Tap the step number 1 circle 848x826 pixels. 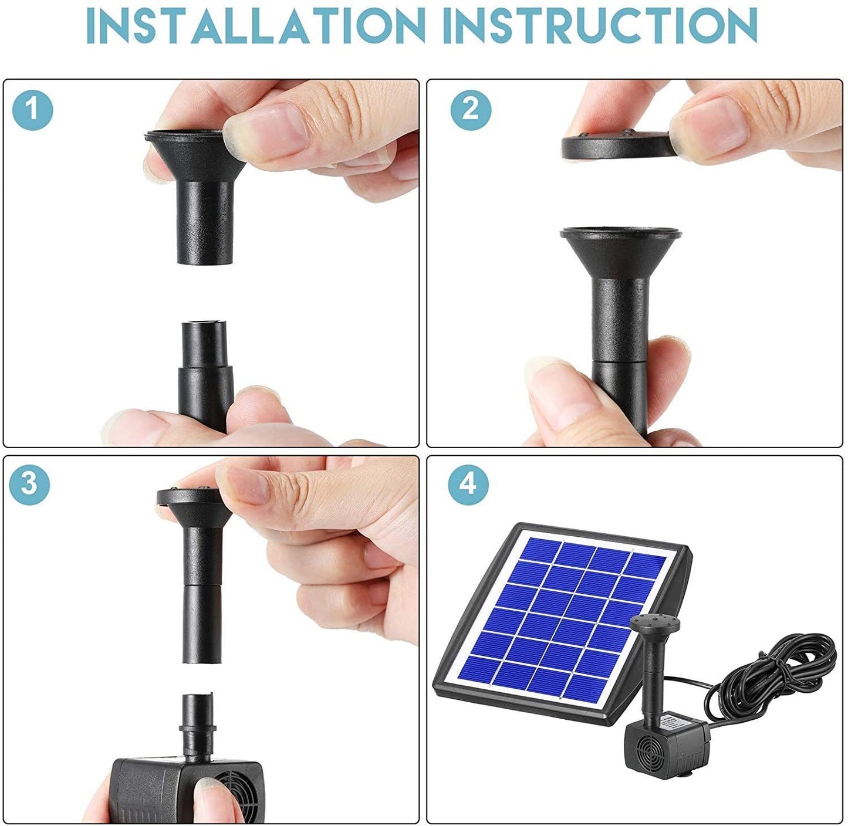(33, 109)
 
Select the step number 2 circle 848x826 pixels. (471, 109)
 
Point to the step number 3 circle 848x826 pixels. (29, 483)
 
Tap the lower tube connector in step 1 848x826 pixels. (205, 375)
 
